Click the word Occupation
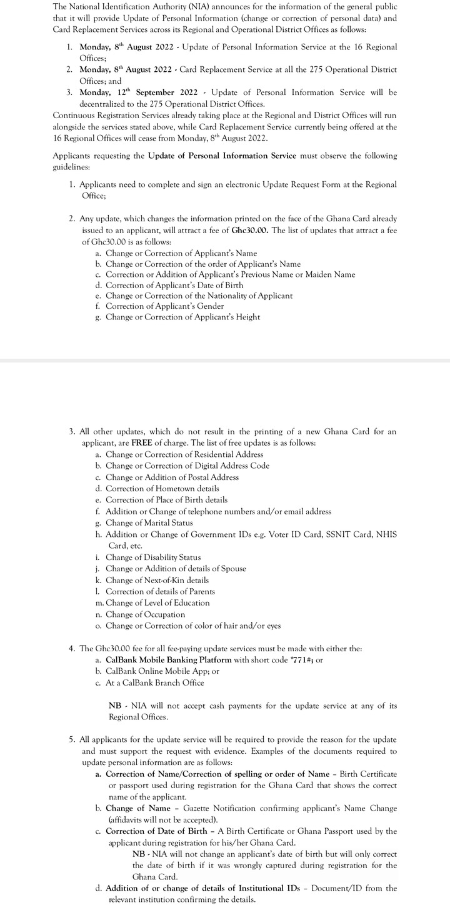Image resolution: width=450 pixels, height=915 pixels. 165,614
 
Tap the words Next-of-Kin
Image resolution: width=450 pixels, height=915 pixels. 155,580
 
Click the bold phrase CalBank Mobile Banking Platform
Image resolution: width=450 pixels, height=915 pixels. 169,660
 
